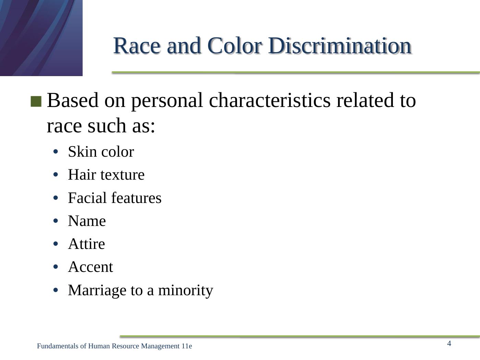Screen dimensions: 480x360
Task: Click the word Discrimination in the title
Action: coord(340,46)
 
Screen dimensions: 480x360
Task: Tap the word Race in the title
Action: coord(137,46)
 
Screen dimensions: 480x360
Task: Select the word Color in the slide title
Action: coord(234,46)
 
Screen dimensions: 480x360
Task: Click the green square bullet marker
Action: coord(36,101)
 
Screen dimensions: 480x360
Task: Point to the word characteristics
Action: coord(269,100)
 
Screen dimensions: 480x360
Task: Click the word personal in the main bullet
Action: coord(167,101)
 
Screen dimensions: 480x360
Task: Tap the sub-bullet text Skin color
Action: coord(101,152)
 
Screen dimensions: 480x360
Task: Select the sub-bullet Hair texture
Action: coord(106,175)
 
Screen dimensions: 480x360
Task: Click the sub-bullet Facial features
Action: coord(115,197)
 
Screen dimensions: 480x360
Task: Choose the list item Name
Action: coord(87,221)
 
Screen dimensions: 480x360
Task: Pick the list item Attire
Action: coord(87,244)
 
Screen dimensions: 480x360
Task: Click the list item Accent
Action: coord(91,267)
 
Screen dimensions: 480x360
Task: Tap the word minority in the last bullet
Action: coord(186,291)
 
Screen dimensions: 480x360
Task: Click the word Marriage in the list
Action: coord(97,291)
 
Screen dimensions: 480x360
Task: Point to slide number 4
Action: coord(449,344)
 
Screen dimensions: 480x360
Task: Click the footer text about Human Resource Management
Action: coord(115,346)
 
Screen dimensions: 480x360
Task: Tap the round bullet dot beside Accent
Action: coord(56,267)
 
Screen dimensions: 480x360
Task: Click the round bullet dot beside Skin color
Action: coord(56,152)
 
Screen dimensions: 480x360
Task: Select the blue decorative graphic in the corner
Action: coord(41,38)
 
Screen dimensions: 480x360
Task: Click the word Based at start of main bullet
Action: coord(73,100)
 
